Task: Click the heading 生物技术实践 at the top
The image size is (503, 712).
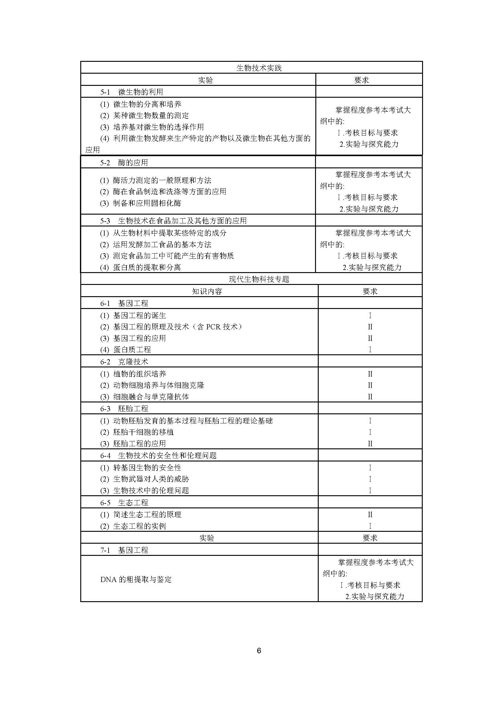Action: pos(258,68)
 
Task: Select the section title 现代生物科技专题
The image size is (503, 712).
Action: pos(258,279)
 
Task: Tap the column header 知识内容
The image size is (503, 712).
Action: pos(207,291)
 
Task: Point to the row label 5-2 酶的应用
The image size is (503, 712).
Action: pos(124,163)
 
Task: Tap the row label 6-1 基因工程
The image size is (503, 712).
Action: pos(124,303)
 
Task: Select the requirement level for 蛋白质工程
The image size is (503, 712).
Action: pos(370,349)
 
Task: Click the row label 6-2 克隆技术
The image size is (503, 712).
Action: pos(124,362)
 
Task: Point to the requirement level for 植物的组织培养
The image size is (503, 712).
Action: pos(370,374)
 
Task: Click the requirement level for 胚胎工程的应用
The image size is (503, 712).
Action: pos(370,444)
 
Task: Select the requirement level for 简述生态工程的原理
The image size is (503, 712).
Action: pos(370,514)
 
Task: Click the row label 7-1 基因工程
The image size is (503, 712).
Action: pos(124,550)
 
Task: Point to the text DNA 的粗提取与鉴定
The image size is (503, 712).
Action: pos(136,579)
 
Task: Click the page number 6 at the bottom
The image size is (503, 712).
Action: pos(259,650)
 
